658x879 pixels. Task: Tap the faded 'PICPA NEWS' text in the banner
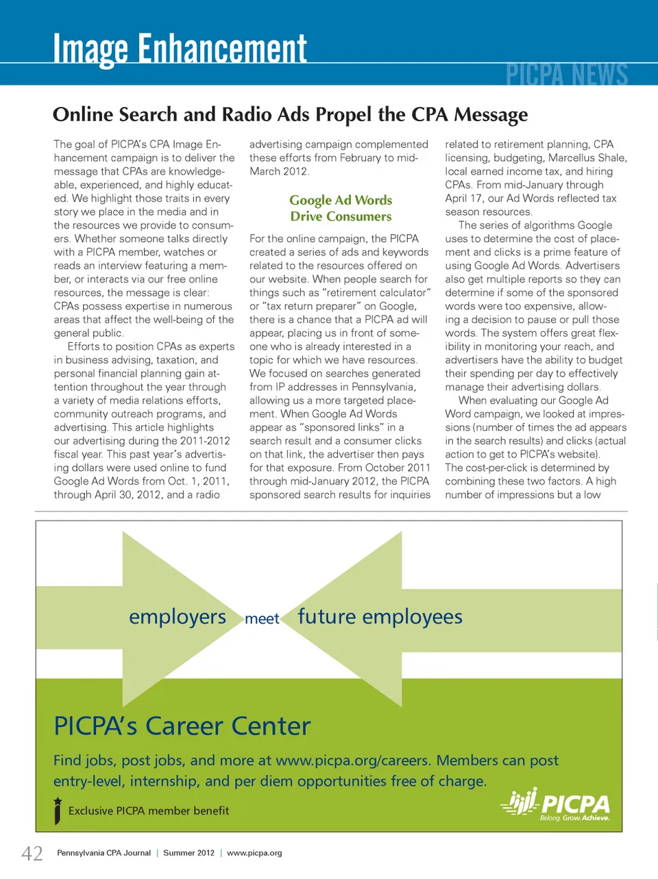tap(567, 74)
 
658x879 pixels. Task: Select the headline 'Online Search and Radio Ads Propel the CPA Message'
tap(290, 114)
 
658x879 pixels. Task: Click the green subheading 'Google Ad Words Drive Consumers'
tap(341, 208)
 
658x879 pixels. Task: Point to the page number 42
tap(32, 853)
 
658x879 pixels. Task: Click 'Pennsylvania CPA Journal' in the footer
tap(103, 853)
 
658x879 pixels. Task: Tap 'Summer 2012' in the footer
tap(188, 853)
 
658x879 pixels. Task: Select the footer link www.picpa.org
tap(254, 853)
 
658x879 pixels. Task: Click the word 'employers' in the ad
tap(178, 617)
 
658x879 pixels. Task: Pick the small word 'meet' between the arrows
tap(262, 619)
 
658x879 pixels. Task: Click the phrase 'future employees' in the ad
tap(380, 617)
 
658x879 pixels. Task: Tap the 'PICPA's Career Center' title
tap(182, 726)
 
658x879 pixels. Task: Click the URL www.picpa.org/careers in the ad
tap(352, 761)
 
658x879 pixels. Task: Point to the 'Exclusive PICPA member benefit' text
tap(149, 811)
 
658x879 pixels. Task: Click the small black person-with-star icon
tap(58, 811)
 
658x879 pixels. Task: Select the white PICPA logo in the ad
tap(557, 802)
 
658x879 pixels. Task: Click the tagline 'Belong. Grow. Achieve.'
tap(574, 818)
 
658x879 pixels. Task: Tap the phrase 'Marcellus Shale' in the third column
tap(587, 157)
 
